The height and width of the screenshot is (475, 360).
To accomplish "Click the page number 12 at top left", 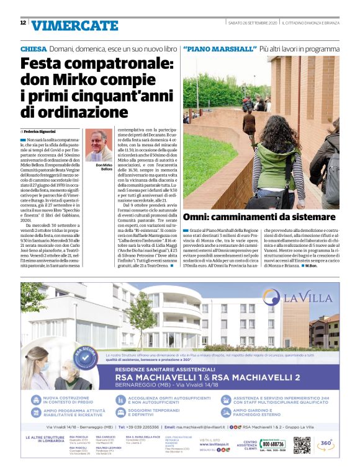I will coord(23,23).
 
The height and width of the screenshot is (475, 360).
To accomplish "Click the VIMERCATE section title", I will coord(74,25).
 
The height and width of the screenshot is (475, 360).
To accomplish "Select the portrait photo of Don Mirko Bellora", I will coord(96,145).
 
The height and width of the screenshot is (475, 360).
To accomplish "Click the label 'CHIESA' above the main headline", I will coord(33,48).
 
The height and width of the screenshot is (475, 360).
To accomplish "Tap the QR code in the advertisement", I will coord(301,445).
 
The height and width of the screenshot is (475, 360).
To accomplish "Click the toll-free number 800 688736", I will coord(273,444).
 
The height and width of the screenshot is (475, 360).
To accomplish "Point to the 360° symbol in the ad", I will coord(326,444).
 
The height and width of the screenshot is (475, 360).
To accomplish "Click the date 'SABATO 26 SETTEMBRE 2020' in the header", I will coord(253,23).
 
